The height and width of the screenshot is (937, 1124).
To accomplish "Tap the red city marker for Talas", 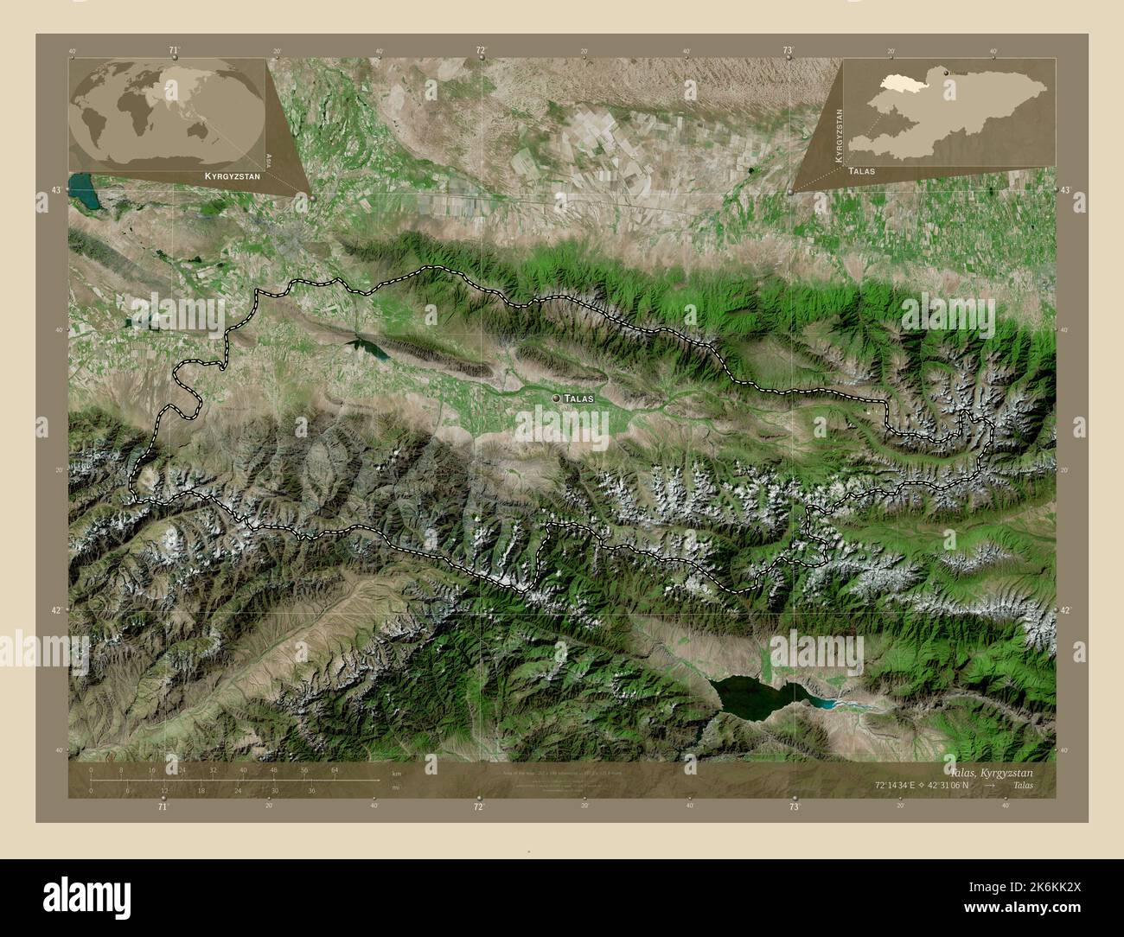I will click(555, 398).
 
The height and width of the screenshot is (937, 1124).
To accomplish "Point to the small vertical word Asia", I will click(269, 159).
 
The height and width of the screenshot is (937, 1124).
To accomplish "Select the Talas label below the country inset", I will click(861, 171).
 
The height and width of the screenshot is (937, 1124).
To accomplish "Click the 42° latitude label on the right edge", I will click(1065, 610).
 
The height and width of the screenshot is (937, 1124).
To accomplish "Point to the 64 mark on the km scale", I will click(334, 769).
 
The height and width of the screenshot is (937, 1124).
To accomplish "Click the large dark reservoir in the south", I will click(750, 694).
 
